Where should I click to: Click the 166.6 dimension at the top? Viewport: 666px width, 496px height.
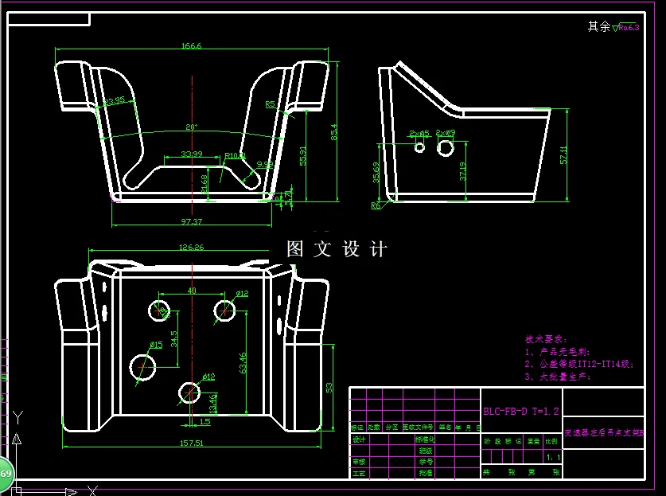192,46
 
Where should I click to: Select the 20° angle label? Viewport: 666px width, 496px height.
192,127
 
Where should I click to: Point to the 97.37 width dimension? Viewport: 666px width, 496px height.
192,221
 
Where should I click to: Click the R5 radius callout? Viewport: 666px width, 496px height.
270,104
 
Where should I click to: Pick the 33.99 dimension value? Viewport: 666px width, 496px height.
192,153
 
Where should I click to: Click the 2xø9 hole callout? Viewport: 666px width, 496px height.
446,133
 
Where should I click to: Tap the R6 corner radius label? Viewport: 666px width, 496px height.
376,205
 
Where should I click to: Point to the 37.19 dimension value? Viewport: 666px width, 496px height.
464,172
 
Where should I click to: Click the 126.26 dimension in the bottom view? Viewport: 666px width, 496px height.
193,248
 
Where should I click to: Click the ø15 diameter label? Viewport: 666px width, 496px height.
155,345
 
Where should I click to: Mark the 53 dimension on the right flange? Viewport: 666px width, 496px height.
329,387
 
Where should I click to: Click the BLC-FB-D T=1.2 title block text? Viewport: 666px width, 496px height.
521,412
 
